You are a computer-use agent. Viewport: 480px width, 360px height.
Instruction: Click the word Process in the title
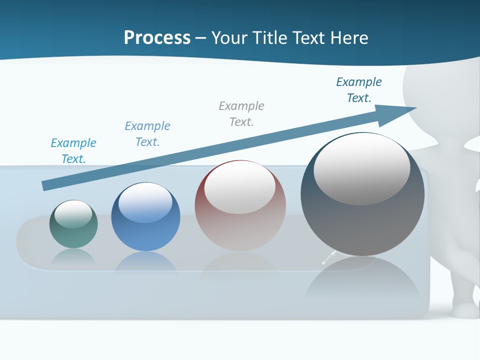(x=157, y=37)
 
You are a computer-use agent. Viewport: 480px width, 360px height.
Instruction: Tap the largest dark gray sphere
(x=362, y=220)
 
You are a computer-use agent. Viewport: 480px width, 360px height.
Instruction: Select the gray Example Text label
(x=241, y=113)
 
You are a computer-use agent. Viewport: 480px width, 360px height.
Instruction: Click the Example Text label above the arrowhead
(x=359, y=89)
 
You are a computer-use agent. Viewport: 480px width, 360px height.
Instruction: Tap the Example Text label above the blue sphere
(x=147, y=133)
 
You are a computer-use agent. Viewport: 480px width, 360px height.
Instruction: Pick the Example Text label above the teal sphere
(x=73, y=150)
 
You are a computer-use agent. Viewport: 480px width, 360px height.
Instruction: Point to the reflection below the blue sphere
(x=145, y=262)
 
